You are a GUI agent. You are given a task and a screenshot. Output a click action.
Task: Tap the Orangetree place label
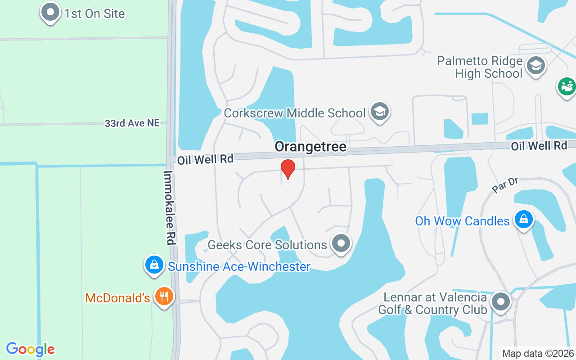pyautogui.click(x=310, y=147)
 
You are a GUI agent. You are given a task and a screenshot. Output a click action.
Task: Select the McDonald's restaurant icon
pyautogui.click(x=164, y=297)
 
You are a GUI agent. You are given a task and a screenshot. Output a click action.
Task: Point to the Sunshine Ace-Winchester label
pyautogui.click(x=239, y=267)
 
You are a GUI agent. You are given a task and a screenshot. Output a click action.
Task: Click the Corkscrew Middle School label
pyautogui.click(x=294, y=113)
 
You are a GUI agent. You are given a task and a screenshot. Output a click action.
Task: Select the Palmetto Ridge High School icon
pyautogui.click(x=535, y=66)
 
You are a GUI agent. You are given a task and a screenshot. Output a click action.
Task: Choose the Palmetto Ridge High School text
pyautogui.click(x=480, y=67)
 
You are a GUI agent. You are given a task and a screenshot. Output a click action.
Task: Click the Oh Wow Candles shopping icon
pyautogui.click(x=523, y=220)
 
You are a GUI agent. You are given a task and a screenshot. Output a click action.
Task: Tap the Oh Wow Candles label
pyautogui.click(x=462, y=221)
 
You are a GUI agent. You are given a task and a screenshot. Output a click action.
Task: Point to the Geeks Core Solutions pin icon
pyautogui.click(x=341, y=243)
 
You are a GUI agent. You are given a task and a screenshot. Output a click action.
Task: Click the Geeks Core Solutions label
pyautogui.click(x=267, y=245)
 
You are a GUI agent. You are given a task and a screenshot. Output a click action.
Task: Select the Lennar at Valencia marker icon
pyautogui.click(x=500, y=301)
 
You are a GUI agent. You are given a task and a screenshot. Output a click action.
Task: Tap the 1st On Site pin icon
pyautogui.click(x=50, y=12)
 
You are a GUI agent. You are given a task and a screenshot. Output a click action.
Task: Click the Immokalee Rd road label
pyautogui.click(x=169, y=207)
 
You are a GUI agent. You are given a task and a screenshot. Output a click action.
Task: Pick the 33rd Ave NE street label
pyautogui.click(x=132, y=123)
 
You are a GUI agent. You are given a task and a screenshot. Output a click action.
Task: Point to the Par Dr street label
pyautogui.click(x=506, y=185)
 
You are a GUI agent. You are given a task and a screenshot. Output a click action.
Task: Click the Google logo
pyautogui.click(x=30, y=349)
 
